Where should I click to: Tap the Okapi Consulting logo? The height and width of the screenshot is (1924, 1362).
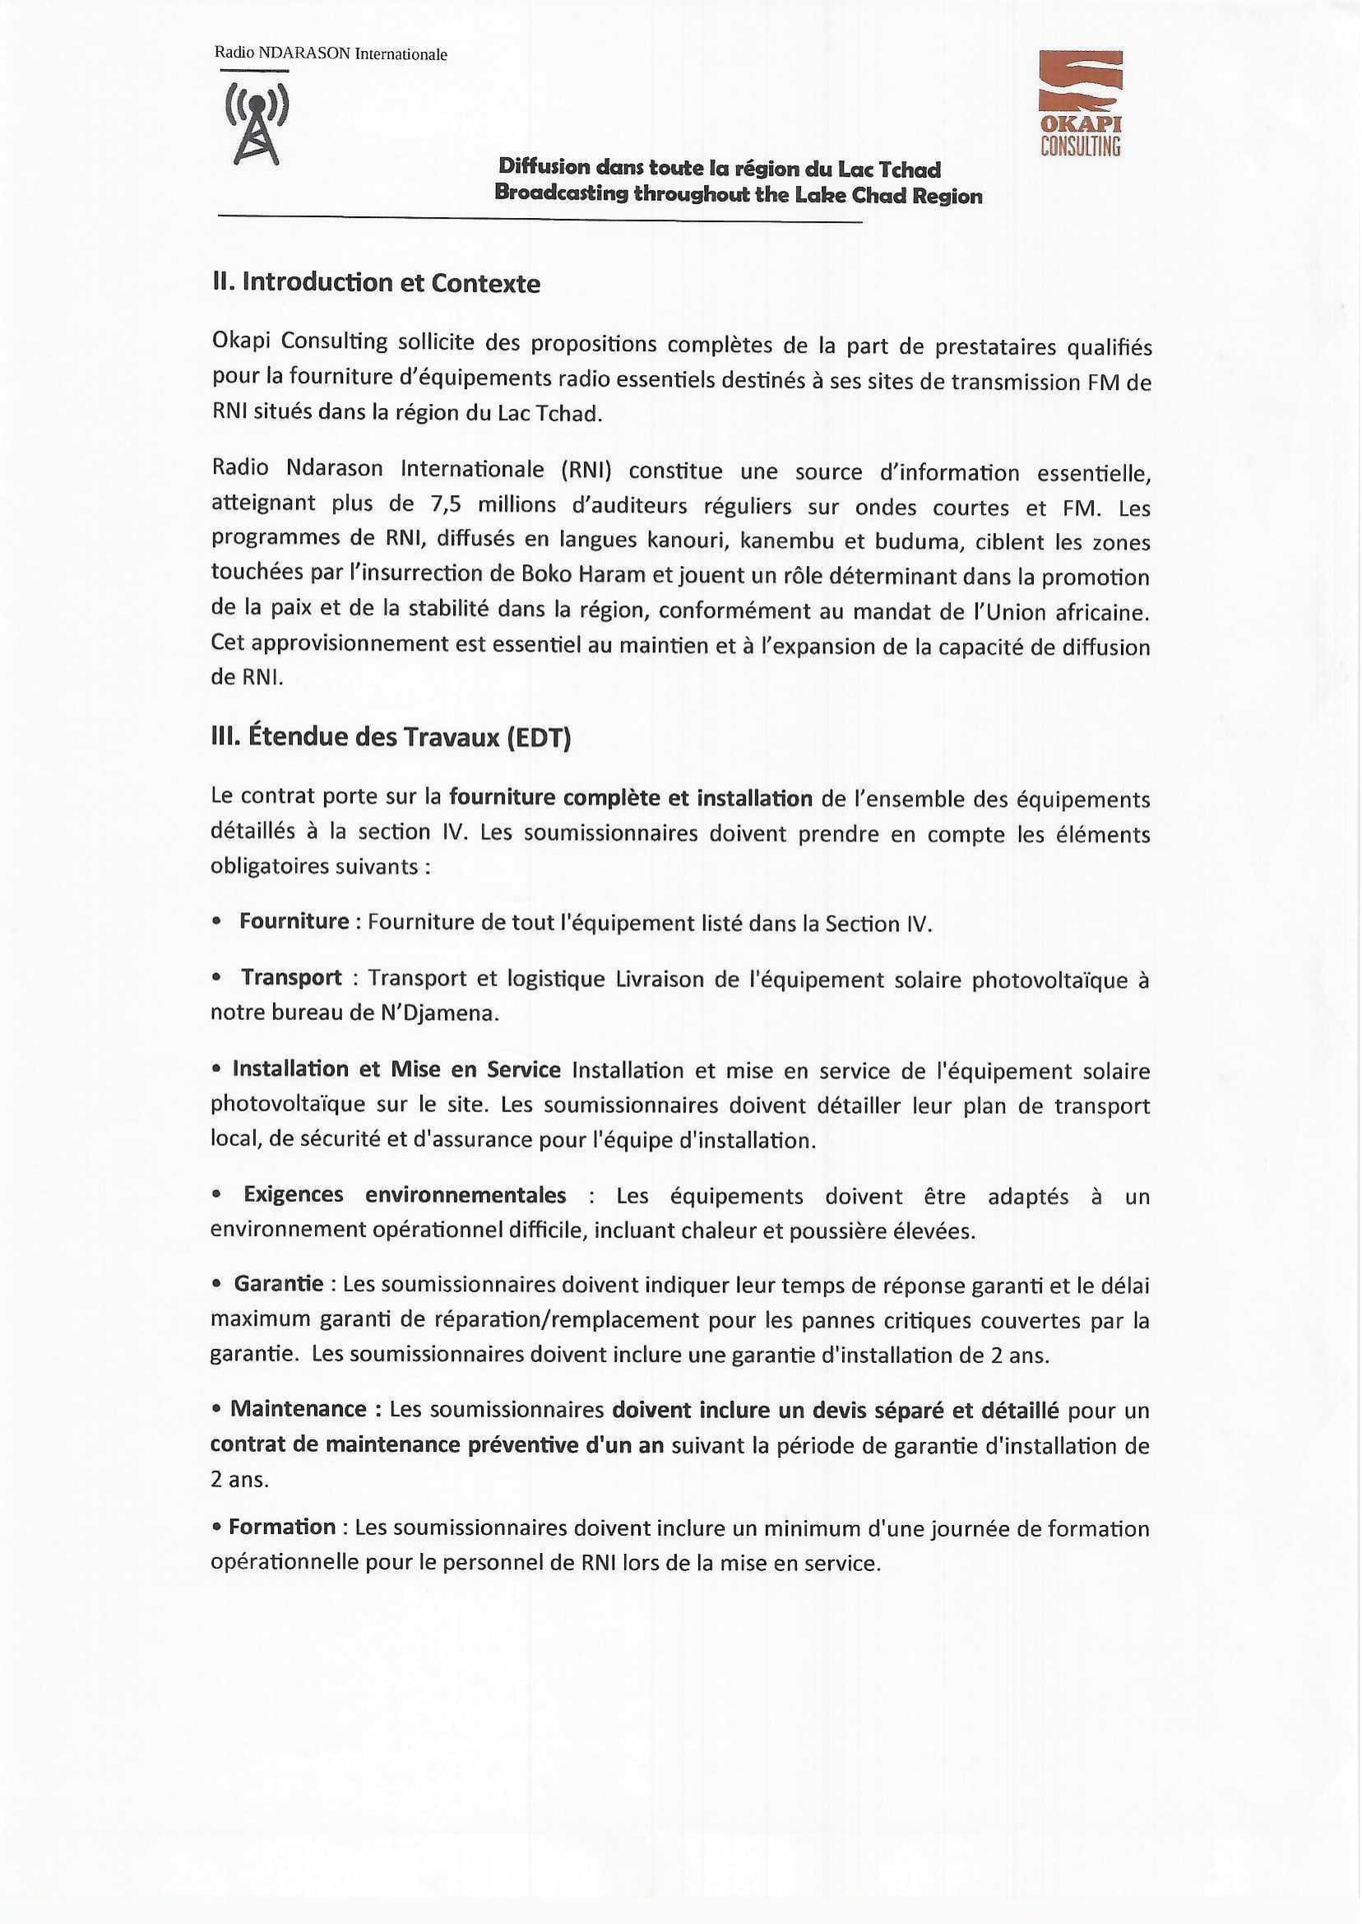coord(1080,103)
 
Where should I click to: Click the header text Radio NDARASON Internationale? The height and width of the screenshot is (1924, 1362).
coord(331,54)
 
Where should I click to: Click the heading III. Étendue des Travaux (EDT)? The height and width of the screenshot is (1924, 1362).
coord(391,738)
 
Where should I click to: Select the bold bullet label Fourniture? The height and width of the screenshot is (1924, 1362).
coord(294,922)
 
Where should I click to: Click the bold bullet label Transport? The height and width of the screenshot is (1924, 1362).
coord(291,978)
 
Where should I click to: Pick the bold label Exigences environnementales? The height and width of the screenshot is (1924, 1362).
coord(404,1195)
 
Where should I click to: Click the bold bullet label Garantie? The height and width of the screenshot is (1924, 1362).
coord(279,1284)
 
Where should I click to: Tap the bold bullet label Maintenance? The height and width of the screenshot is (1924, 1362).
coord(298,1409)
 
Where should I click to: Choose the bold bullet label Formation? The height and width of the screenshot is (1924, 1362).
coord(282,1528)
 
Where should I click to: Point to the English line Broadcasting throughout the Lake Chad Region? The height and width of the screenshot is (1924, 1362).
coord(738,197)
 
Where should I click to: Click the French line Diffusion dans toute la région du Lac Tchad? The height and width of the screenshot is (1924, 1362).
coord(720,169)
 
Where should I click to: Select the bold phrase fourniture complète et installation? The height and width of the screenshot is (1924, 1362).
coord(631,799)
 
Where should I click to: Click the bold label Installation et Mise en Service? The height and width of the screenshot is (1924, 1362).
coord(396,1069)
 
